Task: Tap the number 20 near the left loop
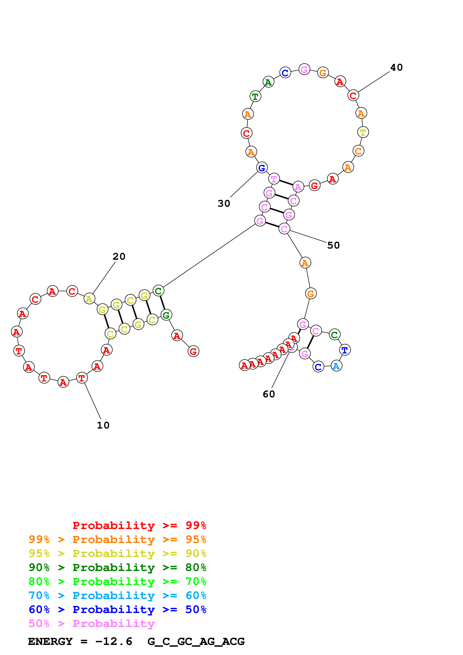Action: [119, 257]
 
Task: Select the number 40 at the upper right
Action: [396, 67]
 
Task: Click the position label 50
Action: [333, 245]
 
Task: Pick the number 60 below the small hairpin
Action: [269, 394]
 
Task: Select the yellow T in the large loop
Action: [363, 132]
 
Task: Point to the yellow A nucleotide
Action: [89, 299]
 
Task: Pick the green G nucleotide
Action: [166, 315]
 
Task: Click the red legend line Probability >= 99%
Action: [139, 525]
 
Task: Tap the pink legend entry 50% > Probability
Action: [92, 624]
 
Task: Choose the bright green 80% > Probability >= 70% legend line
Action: [117, 581]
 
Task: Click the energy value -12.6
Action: [114, 642]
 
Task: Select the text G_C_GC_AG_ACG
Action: [196, 642]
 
